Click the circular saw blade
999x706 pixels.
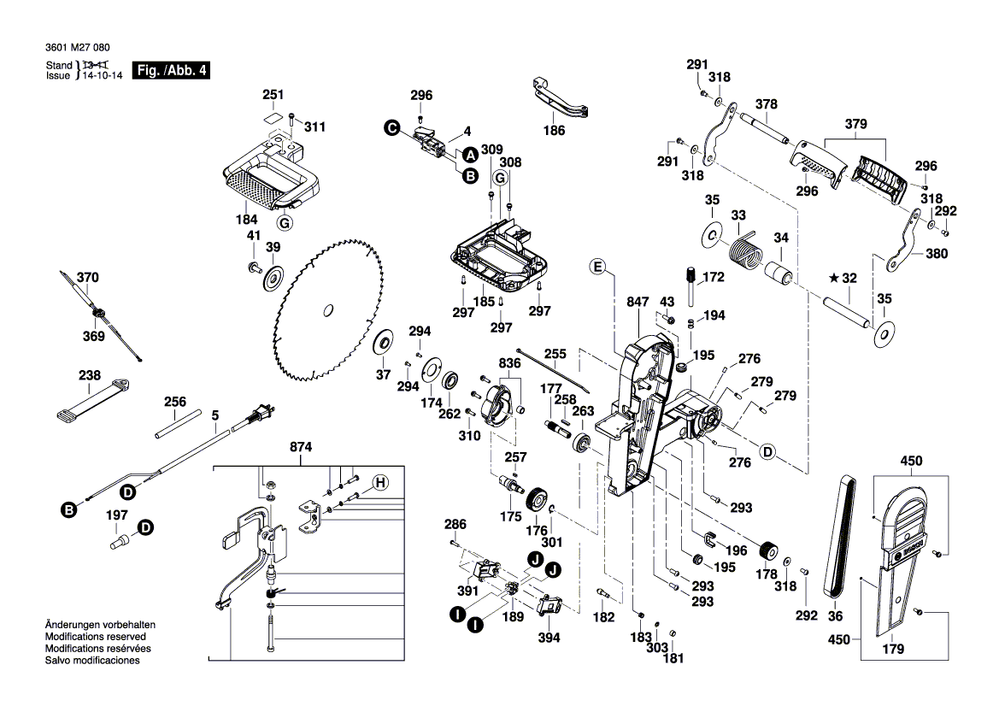327,313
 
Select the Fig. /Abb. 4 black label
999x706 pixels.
171,70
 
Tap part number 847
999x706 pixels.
638,303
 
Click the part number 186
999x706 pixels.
554,131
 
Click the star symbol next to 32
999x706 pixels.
833,278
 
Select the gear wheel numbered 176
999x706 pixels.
538,499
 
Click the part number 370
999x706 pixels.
88,278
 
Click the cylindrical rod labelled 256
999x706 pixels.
179,424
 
